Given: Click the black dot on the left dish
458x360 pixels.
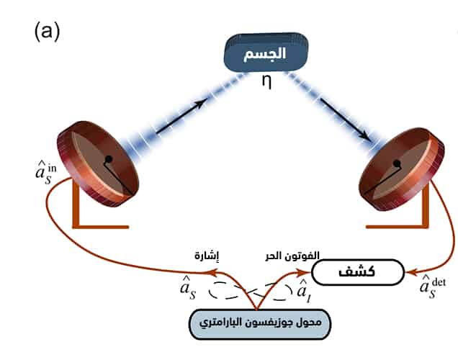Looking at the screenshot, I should click(108, 158).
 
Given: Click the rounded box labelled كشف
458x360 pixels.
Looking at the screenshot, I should click(357, 272).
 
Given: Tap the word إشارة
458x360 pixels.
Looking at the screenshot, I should click(207, 256).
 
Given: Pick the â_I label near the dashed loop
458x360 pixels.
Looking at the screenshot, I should click(305, 290).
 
